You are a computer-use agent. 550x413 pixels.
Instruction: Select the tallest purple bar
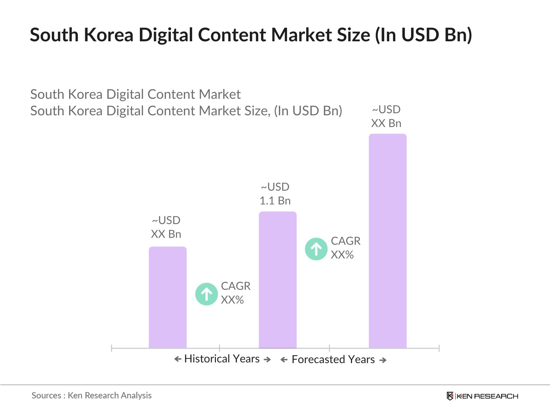(x=387, y=241)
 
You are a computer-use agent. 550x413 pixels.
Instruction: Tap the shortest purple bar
(x=167, y=297)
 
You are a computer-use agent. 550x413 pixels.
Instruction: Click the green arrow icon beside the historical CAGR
(x=206, y=294)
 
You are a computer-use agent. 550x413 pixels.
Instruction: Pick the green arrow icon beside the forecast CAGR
(x=316, y=249)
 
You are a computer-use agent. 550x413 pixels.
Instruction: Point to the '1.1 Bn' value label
(x=275, y=201)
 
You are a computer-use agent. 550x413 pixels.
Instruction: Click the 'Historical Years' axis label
(x=222, y=359)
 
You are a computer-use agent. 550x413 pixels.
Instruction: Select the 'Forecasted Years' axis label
(x=333, y=360)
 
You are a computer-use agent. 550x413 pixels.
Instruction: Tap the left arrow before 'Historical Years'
(x=178, y=359)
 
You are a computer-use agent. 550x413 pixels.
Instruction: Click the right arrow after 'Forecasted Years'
(x=383, y=360)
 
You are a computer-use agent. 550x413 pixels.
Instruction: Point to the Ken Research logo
(x=482, y=396)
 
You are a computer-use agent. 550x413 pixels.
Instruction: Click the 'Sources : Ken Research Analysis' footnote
(x=91, y=395)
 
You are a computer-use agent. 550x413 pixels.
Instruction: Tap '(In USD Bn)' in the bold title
(x=423, y=35)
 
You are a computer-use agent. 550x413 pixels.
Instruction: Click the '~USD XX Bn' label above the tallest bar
(x=386, y=116)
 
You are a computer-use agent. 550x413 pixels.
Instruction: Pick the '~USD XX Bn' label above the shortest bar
(x=166, y=227)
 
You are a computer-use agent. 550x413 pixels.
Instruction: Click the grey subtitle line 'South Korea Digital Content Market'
(x=135, y=94)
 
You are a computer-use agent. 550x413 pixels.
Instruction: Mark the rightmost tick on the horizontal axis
(x=439, y=348)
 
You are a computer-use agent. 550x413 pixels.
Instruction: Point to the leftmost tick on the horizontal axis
(x=112, y=348)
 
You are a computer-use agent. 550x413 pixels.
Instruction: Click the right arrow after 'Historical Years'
(x=267, y=360)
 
